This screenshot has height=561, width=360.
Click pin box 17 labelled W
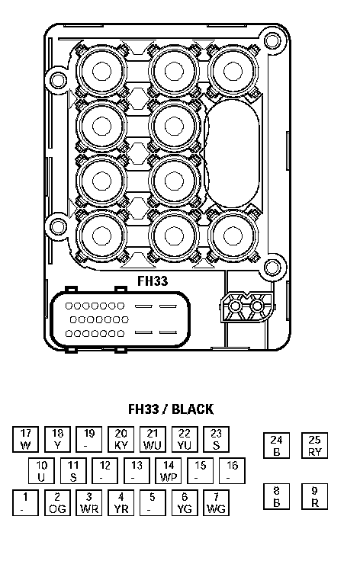(x=25, y=439)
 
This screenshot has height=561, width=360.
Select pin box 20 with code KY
(x=121, y=439)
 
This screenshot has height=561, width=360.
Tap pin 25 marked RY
(x=314, y=445)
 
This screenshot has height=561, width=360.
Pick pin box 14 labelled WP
(x=169, y=471)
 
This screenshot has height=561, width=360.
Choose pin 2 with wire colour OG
(x=57, y=502)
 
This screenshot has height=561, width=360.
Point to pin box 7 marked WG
(x=216, y=502)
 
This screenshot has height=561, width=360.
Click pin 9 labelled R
(x=314, y=497)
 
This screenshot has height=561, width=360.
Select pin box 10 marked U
(x=41, y=471)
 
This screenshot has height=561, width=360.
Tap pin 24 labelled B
(x=276, y=445)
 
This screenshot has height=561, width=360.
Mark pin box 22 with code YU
(x=185, y=439)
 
